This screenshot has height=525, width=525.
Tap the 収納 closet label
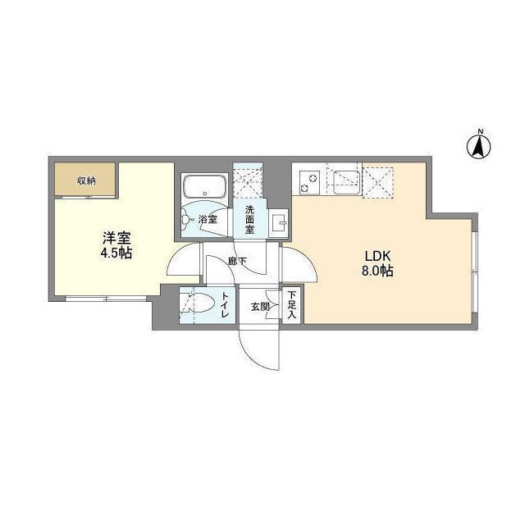click(86, 180)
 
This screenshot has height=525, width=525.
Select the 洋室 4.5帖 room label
click(116, 245)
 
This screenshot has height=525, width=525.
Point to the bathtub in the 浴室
click(203, 186)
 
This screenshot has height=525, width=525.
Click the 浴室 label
click(207, 220)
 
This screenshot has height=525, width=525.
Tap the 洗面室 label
click(249, 219)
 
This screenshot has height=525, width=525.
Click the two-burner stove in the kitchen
click(310, 180)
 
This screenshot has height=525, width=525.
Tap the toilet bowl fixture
click(197, 304)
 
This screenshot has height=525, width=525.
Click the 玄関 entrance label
click(260, 306)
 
